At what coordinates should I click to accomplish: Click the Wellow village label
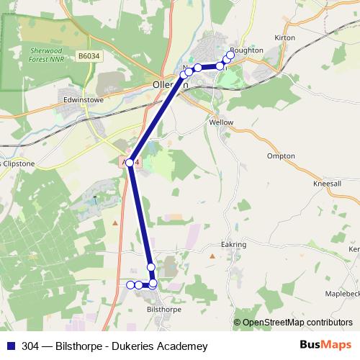pos(221,122)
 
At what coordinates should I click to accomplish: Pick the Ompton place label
pos(281,156)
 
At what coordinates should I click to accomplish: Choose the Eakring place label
pos(234,245)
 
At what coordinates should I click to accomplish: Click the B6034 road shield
pos(89,55)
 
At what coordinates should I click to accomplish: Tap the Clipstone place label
pos(19,163)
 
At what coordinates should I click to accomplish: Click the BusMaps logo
pos(327,346)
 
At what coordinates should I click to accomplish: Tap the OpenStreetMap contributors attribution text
pos(297,323)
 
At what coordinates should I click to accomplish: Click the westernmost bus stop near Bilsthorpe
pos(131,285)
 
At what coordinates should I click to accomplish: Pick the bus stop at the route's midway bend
pos(130,163)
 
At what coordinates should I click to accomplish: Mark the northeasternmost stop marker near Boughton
pos(230,55)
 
